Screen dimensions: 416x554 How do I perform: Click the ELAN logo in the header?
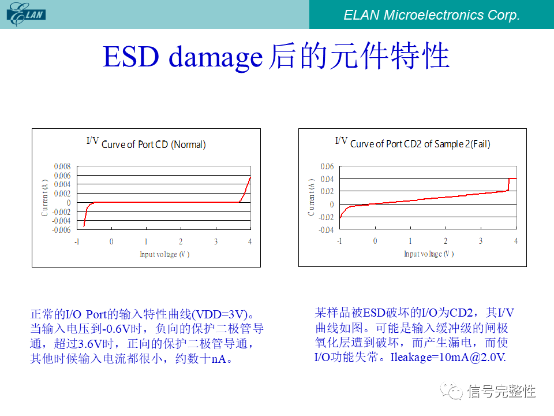pyautogui.click(x=26, y=14)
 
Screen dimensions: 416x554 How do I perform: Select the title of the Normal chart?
pyautogui.click(x=146, y=143)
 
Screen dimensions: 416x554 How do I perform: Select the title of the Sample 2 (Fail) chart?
pyautogui.click(x=413, y=143)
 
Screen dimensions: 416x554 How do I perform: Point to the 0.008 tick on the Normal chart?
pyautogui.click(x=62, y=166)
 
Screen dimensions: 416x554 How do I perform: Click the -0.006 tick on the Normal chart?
pyautogui.click(x=61, y=230)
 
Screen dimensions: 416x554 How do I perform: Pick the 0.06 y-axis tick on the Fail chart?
pyautogui.click(x=327, y=166)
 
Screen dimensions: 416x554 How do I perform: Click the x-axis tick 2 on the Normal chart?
pyautogui.click(x=181, y=242)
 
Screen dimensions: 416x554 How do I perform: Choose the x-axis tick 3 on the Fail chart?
pyautogui.click(x=481, y=241)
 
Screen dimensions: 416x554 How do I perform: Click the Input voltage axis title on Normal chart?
pyautogui.click(x=164, y=254)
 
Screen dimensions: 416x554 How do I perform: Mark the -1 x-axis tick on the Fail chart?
pyautogui.click(x=339, y=241)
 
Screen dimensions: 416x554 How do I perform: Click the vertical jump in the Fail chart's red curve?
pyautogui.click(x=508, y=184)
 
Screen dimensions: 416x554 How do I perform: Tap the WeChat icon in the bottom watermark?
pyautogui.click(x=452, y=391)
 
